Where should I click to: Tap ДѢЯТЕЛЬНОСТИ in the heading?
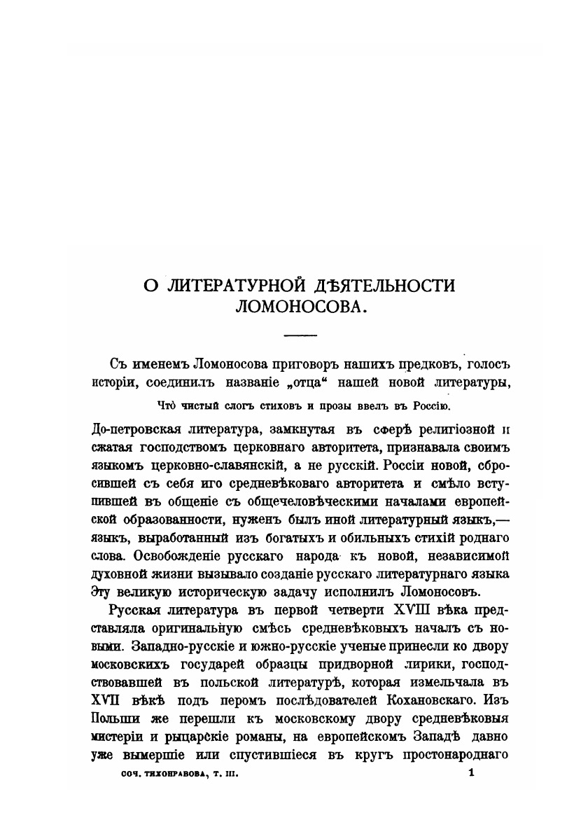click(381, 286)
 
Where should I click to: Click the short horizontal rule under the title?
click(301, 335)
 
